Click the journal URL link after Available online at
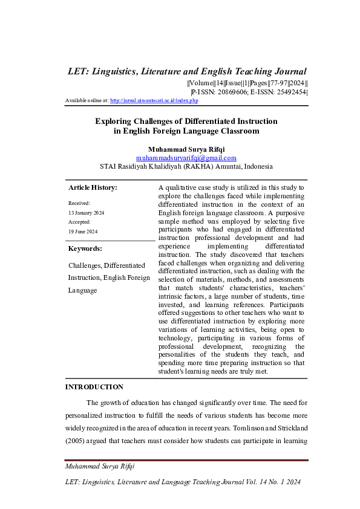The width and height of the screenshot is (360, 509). click(x=154, y=100)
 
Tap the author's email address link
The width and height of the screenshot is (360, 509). click(x=186, y=157)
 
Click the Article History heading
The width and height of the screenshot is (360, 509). click(x=93, y=187)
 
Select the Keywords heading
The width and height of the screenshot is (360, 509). click(x=85, y=248)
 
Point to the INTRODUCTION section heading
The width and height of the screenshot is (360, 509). click(x=94, y=387)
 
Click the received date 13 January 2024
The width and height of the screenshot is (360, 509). click(x=86, y=213)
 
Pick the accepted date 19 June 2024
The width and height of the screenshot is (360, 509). click(x=82, y=232)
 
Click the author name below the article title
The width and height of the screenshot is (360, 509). click(x=186, y=148)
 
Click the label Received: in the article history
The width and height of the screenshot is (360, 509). click(x=79, y=204)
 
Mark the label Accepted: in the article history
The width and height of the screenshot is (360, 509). click(x=80, y=222)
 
